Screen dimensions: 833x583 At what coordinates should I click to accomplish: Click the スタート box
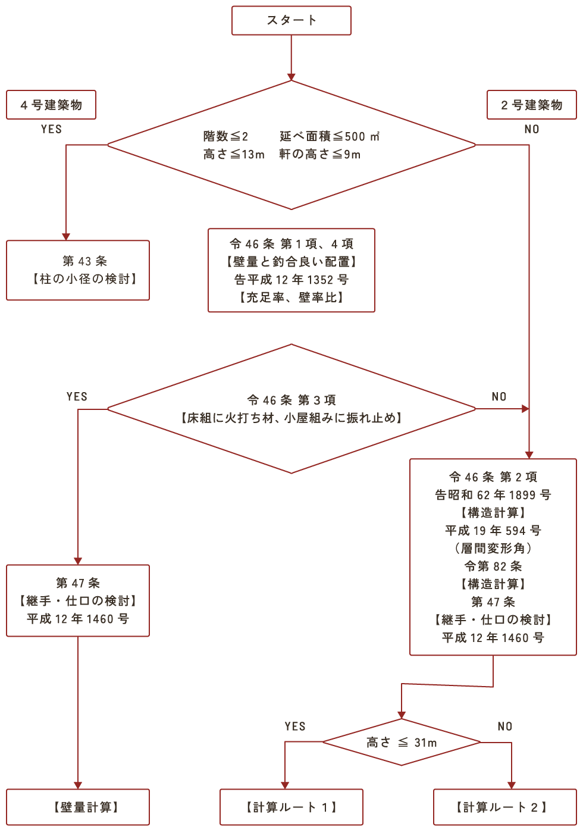[291, 20]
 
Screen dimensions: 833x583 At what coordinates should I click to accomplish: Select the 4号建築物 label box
[51, 105]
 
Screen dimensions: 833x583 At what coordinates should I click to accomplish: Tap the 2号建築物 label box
[531, 105]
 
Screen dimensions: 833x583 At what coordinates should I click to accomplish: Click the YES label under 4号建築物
[51, 129]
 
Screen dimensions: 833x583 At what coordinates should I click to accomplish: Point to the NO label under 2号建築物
[531, 129]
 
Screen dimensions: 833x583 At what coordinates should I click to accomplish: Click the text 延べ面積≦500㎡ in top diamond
[330, 136]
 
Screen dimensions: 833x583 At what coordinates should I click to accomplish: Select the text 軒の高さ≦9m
[320, 154]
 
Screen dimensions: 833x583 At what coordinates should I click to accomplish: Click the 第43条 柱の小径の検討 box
[78, 270]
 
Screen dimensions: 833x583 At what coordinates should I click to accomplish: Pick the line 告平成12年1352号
[291, 280]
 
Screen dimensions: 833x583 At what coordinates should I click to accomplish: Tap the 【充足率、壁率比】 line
[291, 297]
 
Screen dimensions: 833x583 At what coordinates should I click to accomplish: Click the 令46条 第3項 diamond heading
[291, 400]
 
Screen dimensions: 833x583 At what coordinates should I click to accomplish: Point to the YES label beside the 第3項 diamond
[77, 397]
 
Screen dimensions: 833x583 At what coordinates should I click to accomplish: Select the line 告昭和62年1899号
[493, 495]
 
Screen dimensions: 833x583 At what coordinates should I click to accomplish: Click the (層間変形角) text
[493, 549]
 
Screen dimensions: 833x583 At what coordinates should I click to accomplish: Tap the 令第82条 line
[493, 566]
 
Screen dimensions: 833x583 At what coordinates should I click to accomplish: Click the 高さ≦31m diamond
[402, 742]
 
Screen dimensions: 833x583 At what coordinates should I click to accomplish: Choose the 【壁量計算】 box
[78, 807]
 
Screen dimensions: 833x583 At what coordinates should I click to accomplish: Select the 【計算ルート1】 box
[291, 807]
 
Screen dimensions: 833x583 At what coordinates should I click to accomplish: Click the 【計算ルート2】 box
[504, 807]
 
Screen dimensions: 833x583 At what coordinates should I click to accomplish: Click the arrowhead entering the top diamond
[291, 76]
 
